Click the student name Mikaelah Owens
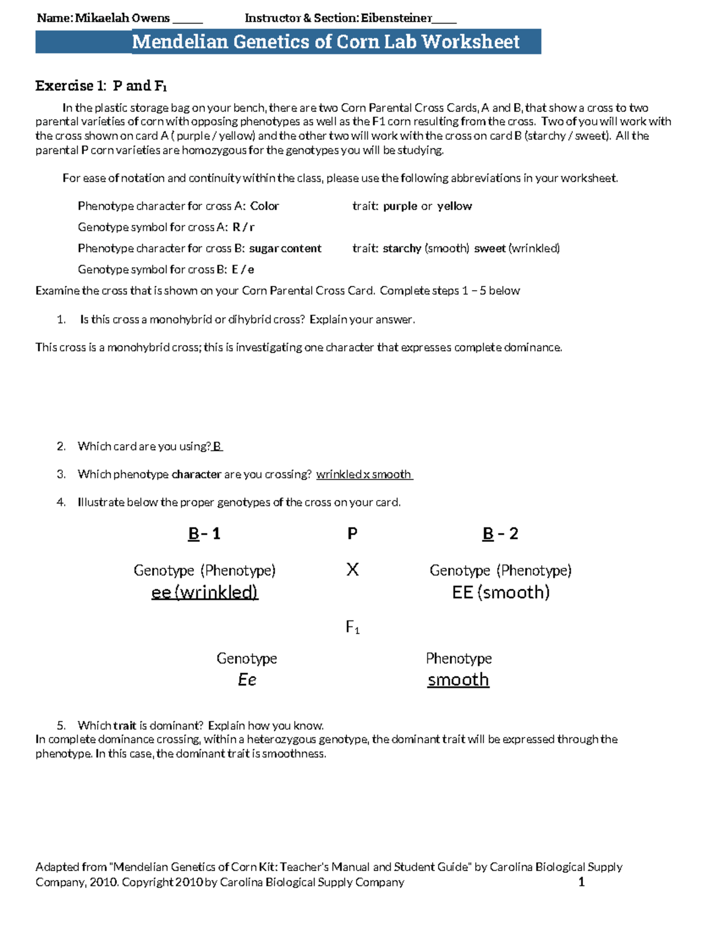tap(122, 18)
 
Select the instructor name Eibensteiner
tap(396, 18)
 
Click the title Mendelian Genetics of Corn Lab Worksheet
tap(325, 41)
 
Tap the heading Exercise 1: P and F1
tap(101, 86)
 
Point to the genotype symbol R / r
tap(243, 227)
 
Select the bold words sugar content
tap(285, 248)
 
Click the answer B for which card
tap(217, 446)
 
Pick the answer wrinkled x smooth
tap(364, 474)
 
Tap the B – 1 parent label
tap(204, 534)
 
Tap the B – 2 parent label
tap(500, 534)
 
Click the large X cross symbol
tap(352, 570)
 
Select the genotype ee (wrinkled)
tap(204, 592)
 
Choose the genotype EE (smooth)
tap(500, 592)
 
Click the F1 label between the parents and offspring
tap(352, 628)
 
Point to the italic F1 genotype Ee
tap(247, 680)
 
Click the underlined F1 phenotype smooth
tap(458, 680)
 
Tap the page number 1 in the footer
tap(581, 882)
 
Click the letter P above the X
tap(352, 534)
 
